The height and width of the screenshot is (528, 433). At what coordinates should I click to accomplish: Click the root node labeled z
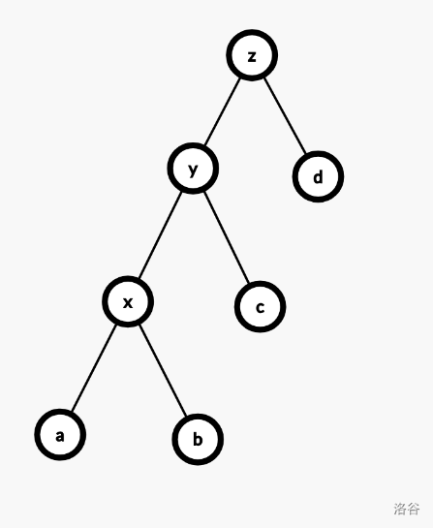[252, 55]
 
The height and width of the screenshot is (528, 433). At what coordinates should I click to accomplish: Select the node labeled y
[193, 168]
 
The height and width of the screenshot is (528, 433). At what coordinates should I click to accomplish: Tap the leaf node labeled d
[318, 176]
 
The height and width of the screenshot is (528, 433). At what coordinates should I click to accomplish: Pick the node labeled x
[128, 301]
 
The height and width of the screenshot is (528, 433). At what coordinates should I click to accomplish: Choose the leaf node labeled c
[260, 307]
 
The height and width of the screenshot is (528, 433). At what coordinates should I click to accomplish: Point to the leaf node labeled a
[60, 435]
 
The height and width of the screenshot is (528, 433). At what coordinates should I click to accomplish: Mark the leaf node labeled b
[198, 440]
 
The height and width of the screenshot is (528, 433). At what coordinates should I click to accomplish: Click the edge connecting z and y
[223, 111]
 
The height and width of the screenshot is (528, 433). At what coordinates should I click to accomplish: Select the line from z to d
[285, 116]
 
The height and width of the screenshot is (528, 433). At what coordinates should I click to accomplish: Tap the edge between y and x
[161, 234]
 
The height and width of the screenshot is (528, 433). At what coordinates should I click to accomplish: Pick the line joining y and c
[227, 237]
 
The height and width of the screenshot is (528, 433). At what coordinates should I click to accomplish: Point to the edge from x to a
[94, 368]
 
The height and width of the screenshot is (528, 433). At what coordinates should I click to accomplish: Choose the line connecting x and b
[163, 370]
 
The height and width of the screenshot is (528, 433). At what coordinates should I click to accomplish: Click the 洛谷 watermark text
[407, 509]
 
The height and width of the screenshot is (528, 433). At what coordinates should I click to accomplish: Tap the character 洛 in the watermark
[400, 509]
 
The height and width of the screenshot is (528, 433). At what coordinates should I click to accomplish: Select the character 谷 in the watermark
[414, 509]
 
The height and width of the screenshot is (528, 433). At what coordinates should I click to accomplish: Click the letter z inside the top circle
[252, 56]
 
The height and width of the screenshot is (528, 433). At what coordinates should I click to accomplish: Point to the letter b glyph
[198, 439]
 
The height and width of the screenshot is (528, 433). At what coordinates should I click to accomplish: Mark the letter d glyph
[318, 176]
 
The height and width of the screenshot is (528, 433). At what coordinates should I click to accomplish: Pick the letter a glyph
[60, 436]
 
